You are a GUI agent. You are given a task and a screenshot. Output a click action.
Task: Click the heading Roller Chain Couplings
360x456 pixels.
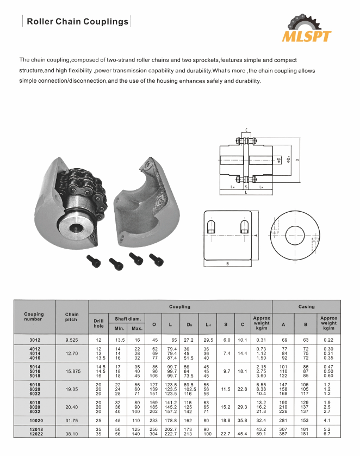coord(78,22)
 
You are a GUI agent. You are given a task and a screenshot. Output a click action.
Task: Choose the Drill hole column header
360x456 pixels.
coord(98,323)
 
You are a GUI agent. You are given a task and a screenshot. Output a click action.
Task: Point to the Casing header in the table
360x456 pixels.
coord(306,306)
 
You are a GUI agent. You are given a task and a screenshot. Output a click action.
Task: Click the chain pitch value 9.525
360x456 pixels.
coord(72,340)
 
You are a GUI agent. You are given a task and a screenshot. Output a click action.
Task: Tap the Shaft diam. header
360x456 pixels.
coord(127,318)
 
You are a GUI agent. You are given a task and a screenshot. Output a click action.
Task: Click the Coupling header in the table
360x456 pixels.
coord(179,306)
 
